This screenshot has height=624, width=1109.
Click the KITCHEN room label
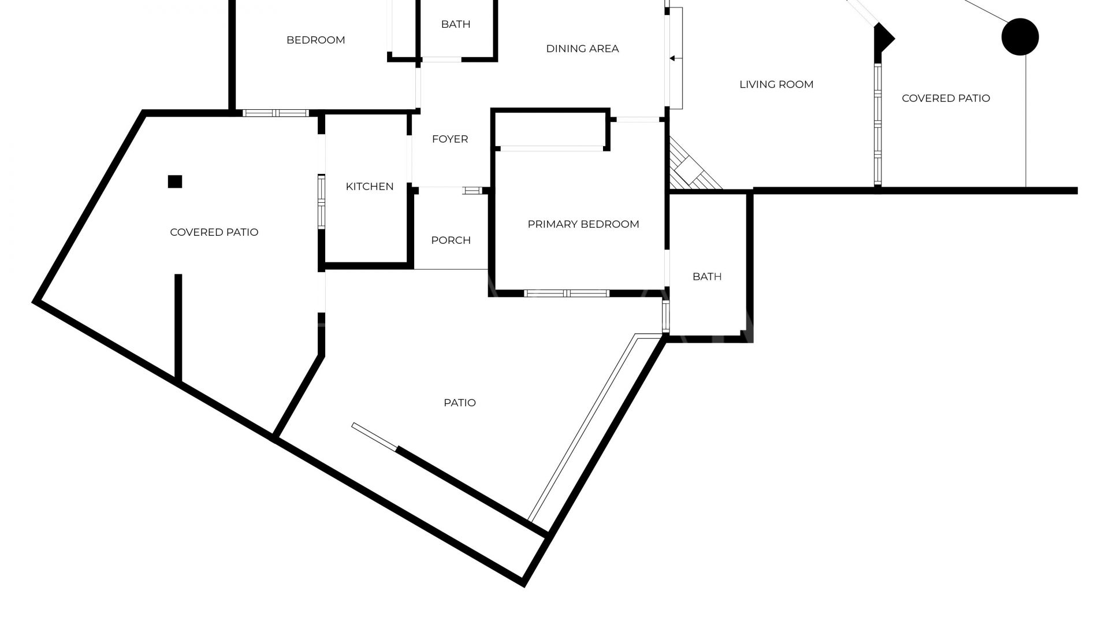pyautogui.click(x=370, y=186)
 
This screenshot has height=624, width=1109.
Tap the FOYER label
pyautogui.click(x=450, y=139)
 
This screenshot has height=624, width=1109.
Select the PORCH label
pyautogui.click(x=451, y=240)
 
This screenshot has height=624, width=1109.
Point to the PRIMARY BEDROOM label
pyautogui.click(x=583, y=224)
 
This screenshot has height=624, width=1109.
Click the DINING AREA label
pyautogui.click(x=582, y=49)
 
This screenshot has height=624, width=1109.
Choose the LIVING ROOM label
pyautogui.click(x=776, y=84)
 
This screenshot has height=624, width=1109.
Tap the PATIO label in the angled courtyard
pyautogui.click(x=460, y=403)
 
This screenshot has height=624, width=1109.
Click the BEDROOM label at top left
pyautogui.click(x=316, y=40)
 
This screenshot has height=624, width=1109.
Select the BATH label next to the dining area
pyautogui.click(x=456, y=24)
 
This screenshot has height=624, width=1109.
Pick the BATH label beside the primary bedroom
pyautogui.click(x=707, y=276)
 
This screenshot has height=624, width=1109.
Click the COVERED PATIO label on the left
pyautogui.click(x=214, y=232)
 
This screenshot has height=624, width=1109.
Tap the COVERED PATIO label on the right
pyautogui.click(x=946, y=98)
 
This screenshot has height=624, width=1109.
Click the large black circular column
pyautogui.click(x=1020, y=37)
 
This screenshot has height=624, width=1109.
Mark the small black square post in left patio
pyautogui.click(x=175, y=181)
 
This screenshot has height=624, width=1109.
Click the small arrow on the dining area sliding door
pyautogui.click(x=672, y=58)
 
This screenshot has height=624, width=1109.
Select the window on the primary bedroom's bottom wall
pyautogui.click(x=567, y=293)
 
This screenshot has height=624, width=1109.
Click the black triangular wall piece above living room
pyautogui.click(x=883, y=39)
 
